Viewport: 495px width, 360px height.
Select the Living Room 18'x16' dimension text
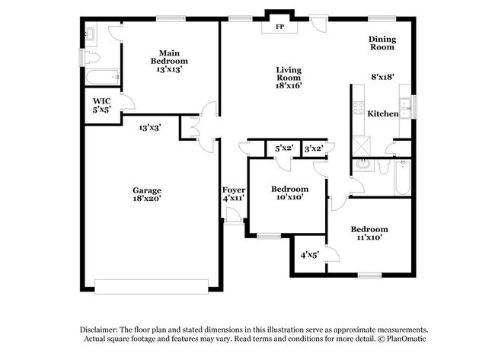tap(289, 85)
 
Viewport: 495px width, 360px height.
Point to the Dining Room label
tap(382, 43)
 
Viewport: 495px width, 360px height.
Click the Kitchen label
tap(383, 113)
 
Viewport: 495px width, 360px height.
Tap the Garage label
tap(146, 190)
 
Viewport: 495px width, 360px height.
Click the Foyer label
tap(233, 190)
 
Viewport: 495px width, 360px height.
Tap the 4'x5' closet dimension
tap(309, 256)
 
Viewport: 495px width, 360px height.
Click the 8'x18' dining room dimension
tap(383, 77)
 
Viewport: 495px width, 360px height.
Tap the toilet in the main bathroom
tap(91, 57)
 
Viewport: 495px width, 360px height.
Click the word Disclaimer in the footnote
tap(104, 328)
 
